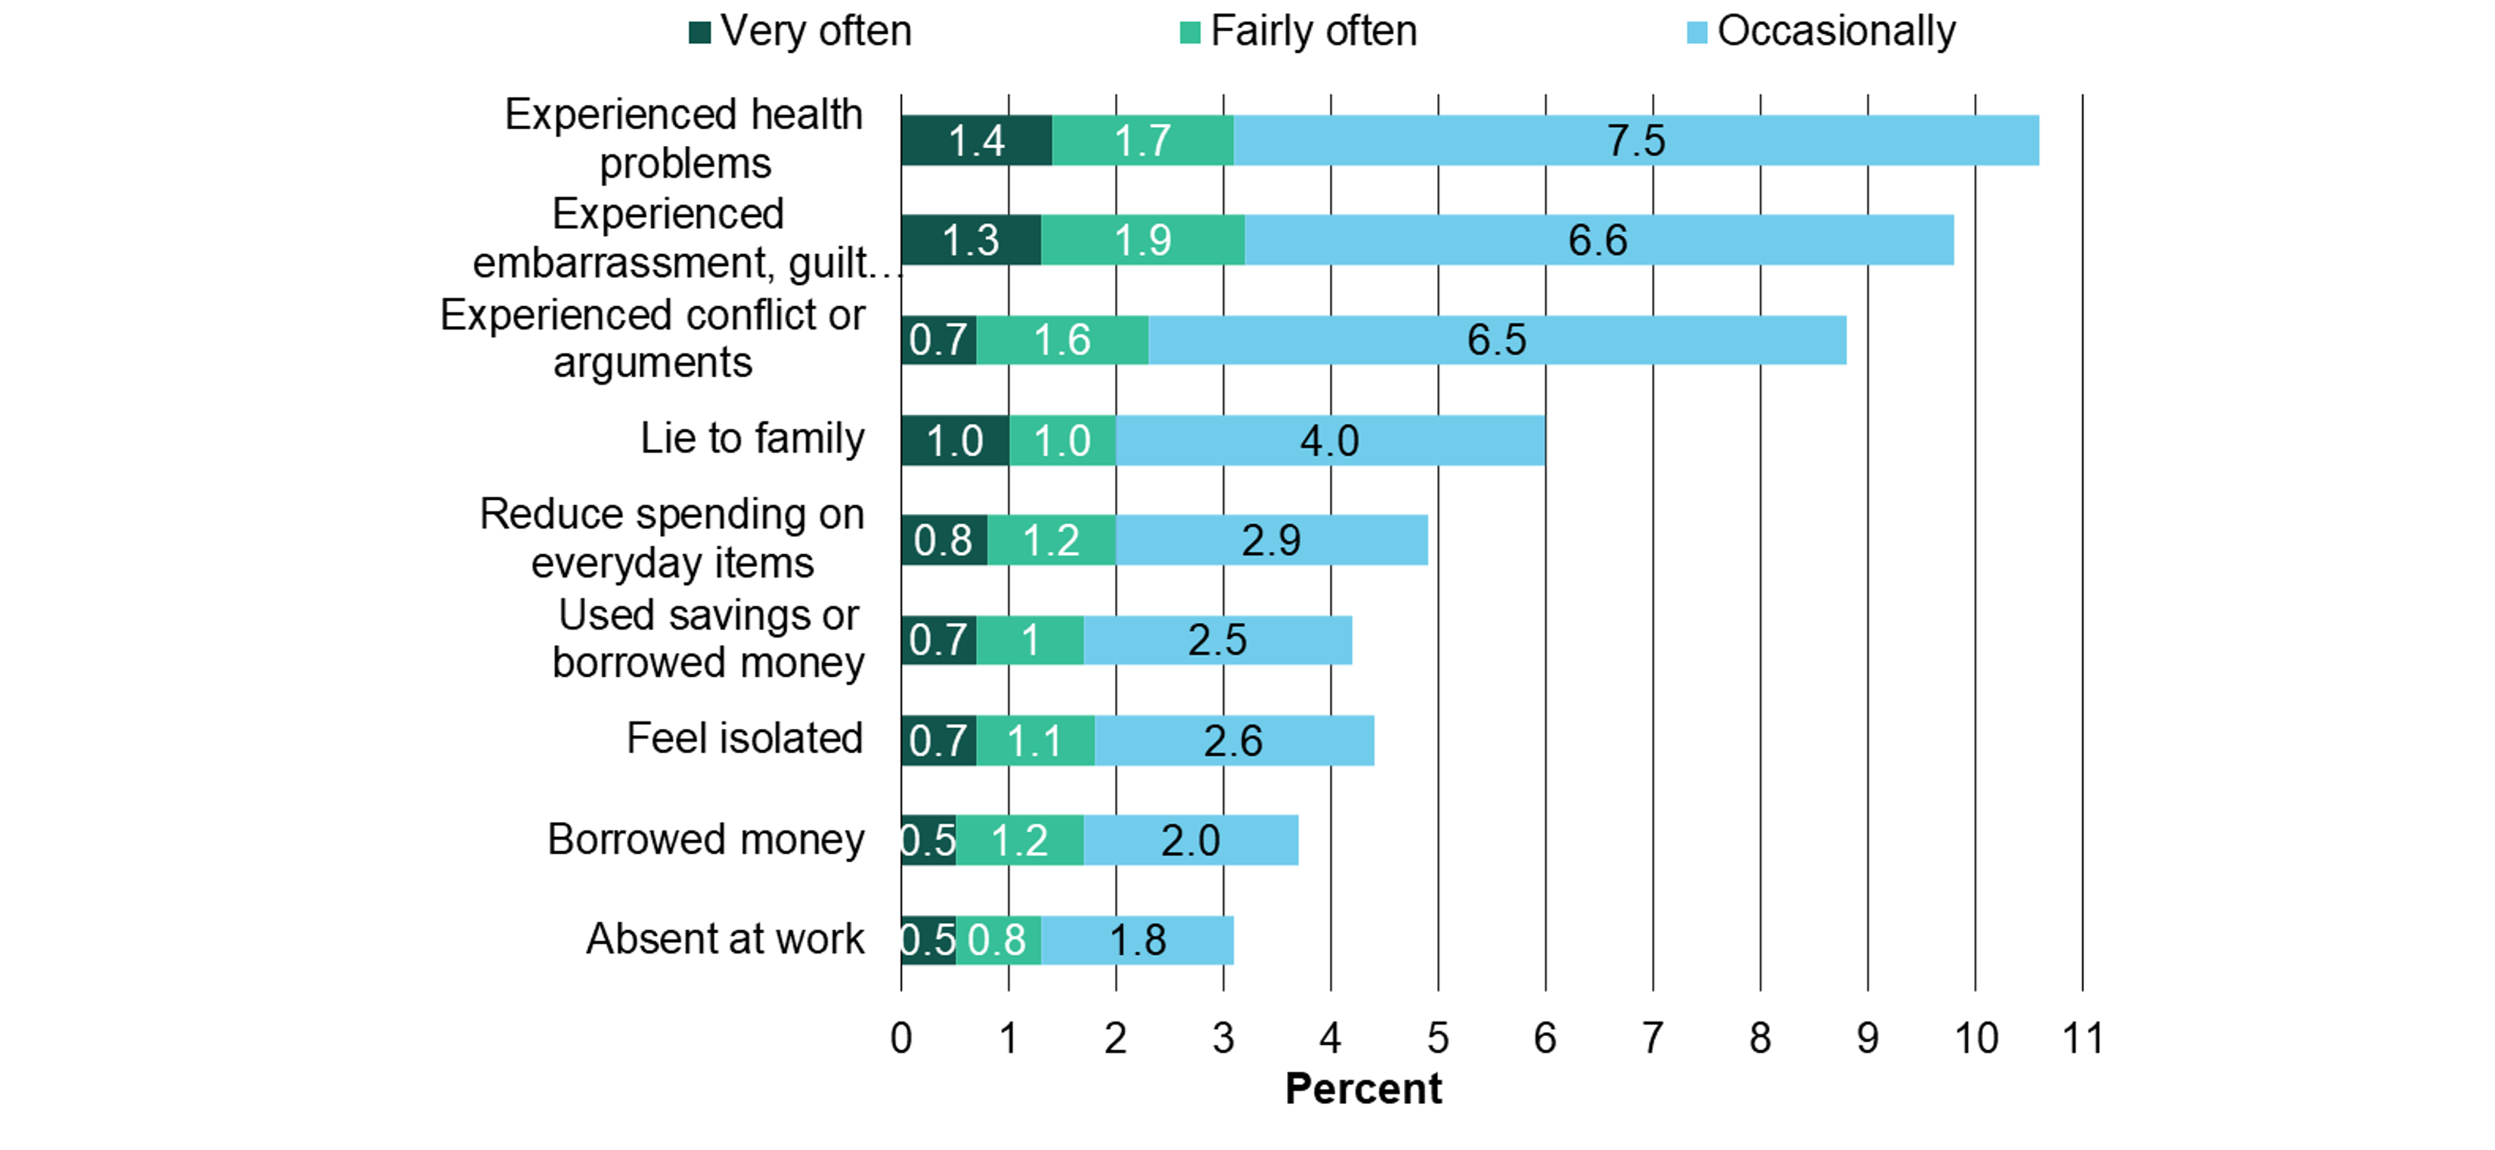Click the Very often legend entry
pyautogui.click(x=801, y=32)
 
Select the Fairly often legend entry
pyautogui.click(x=1299, y=32)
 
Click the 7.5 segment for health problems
pyautogui.click(x=1636, y=141)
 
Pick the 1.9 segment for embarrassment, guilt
pyautogui.click(x=1143, y=240)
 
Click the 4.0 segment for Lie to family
pyautogui.click(x=1330, y=441)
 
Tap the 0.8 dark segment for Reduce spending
pyautogui.click(x=944, y=541)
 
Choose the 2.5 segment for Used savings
pyautogui.click(x=1217, y=640)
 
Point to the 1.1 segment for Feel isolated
pyautogui.click(x=1035, y=741)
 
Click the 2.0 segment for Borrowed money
pyautogui.click(x=1190, y=840)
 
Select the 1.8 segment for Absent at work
pyautogui.click(x=1137, y=940)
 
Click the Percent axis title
pyautogui.click(x=1362, y=1089)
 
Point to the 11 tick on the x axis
pyautogui.click(x=2082, y=1039)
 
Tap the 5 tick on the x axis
pyautogui.click(x=1437, y=1039)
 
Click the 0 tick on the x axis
pyautogui.click(x=900, y=1039)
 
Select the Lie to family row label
pyautogui.click(x=752, y=439)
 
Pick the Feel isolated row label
pyautogui.click(x=744, y=738)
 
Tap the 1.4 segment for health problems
pyautogui.click(x=976, y=141)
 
